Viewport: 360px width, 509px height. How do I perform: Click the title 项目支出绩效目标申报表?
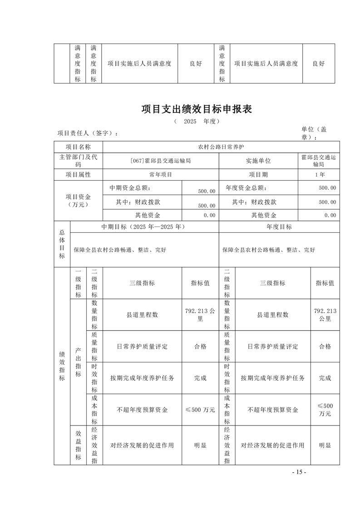coord(196,109)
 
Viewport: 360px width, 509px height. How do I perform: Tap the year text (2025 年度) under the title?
coord(196,122)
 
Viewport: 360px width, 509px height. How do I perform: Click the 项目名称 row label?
coord(78,147)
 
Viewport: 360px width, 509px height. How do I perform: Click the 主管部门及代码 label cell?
coord(78,161)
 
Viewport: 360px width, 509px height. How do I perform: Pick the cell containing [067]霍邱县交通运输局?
coord(160,161)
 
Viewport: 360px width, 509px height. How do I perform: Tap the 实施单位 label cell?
coord(258,161)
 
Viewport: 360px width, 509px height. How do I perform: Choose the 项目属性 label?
coord(78,174)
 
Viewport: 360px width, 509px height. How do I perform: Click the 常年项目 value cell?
coord(160,174)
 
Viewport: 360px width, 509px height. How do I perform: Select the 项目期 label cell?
coord(258,174)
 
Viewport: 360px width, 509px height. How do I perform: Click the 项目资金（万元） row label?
coord(78,201)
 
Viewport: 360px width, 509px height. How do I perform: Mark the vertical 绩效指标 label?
coord(62,365)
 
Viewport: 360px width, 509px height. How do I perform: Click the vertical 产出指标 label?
coord(78,362)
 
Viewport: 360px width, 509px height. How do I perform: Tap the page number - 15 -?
coord(299,472)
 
